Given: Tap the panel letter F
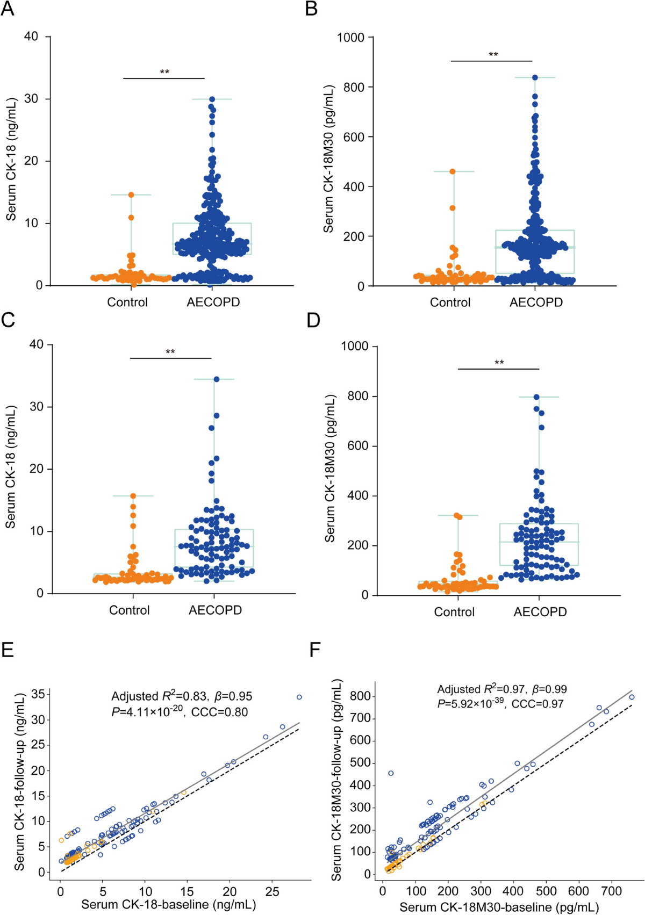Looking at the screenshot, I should [315, 650].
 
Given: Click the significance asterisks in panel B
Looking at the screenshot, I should [493, 55].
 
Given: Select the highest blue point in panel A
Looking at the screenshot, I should [212, 99].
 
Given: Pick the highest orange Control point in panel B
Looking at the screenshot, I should [453, 171].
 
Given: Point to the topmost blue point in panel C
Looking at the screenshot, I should [217, 379].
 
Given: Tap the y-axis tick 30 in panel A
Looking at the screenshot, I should [31, 99].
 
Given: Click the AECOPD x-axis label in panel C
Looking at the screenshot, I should [215, 610].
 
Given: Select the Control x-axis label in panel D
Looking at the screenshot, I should [454, 612].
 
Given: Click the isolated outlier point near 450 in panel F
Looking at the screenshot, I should [391, 773].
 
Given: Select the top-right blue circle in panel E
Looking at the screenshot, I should [299, 697].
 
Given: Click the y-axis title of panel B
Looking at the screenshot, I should [328, 158].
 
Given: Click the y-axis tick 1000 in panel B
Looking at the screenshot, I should [350, 38].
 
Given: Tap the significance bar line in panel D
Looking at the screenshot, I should [498, 369].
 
